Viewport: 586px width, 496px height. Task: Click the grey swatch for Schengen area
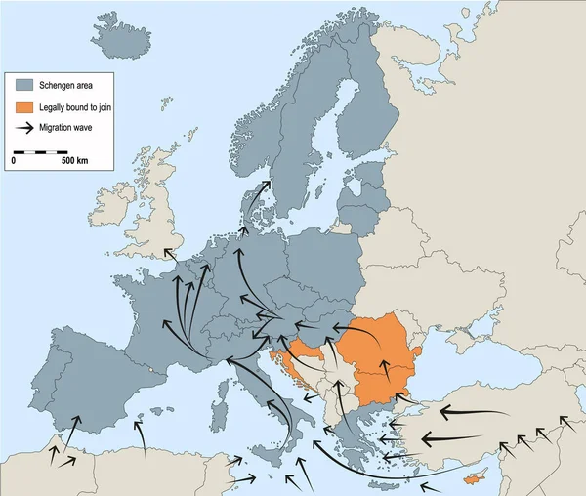click(x=24, y=86)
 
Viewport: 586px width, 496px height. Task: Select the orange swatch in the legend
click(x=24, y=106)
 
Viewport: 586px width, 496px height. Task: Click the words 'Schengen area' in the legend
click(x=65, y=86)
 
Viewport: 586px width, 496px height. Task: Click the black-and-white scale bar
click(x=39, y=151)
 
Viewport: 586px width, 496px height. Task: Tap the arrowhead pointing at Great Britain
click(x=166, y=251)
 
